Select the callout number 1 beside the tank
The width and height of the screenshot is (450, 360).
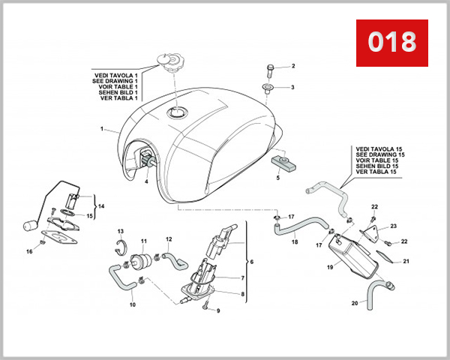[101, 129]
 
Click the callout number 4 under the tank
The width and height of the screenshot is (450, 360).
[146, 181]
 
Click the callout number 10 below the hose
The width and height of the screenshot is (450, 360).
[133, 304]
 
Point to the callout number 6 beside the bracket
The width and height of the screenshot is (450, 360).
[251, 262]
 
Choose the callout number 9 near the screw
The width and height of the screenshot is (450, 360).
[217, 310]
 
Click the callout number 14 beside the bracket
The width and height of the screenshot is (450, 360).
[101, 205]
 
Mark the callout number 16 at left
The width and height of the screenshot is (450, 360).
[30, 251]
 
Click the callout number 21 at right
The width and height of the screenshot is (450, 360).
[406, 261]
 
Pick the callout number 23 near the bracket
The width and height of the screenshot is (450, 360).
[392, 226]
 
